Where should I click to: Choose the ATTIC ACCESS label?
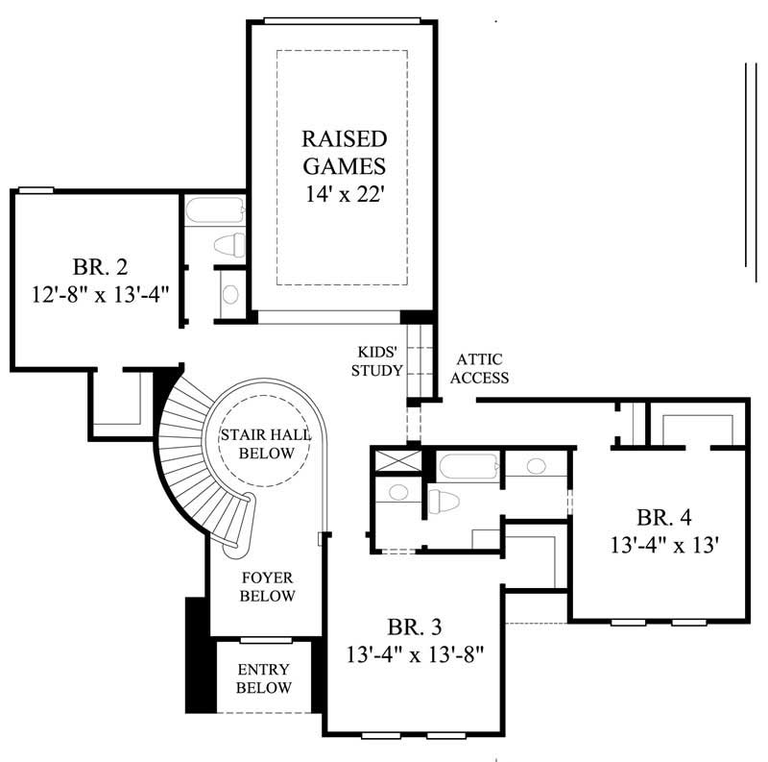pyautogui.click(x=479, y=368)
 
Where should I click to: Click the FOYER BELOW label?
pyautogui.click(x=267, y=587)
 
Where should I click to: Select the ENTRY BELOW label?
pyautogui.click(x=264, y=678)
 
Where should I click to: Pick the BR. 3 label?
pyautogui.click(x=415, y=627)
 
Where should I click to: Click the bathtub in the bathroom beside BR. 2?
pyautogui.click(x=213, y=210)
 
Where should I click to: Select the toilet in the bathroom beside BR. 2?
pyautogui.click(x=228, y=244)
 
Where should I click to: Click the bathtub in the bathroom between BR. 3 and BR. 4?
pyautogui.click(x=468, y=468)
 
